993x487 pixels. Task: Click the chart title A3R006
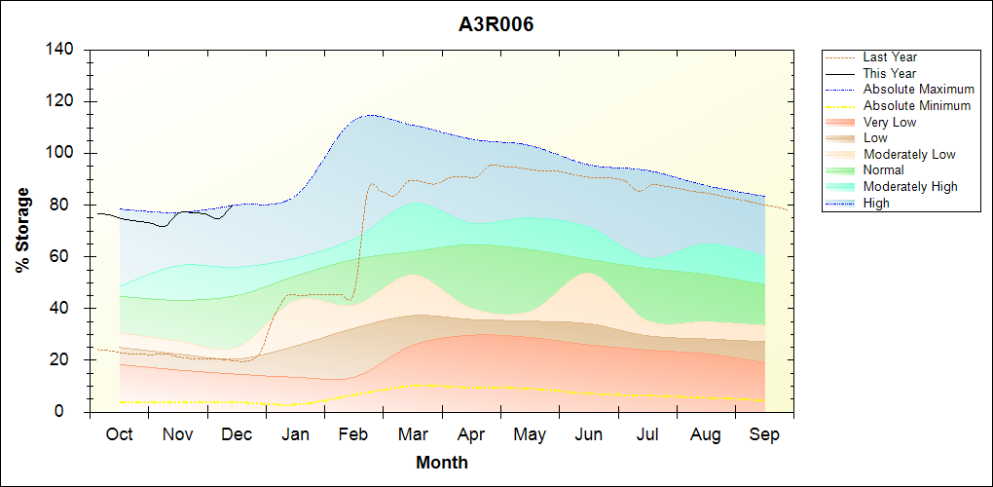coord(496,24)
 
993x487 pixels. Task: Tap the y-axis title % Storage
coord(23,230)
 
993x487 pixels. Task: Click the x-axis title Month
coord(442,463)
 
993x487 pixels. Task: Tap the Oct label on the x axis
coord(119,434)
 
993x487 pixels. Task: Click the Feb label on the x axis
coord(354,434)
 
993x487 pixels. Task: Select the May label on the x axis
coord(530,434)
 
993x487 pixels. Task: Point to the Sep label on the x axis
coord(765,434)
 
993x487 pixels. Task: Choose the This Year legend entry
coord(889,73)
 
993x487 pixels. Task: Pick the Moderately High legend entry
coord(910,186)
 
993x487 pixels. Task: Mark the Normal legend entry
coord(883,169)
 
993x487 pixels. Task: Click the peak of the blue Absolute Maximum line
coord(371,115)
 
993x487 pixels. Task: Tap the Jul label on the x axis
coord(647,434)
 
